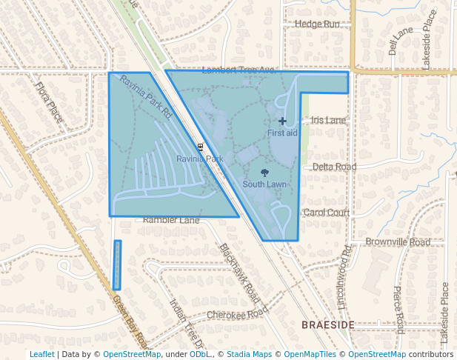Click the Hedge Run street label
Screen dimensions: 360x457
point(317,24)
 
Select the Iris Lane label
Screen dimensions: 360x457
point(328,120)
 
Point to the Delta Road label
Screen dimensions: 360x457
point(334,167)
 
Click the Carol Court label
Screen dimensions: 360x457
point(327,213)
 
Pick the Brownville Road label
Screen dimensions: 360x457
point(398,242)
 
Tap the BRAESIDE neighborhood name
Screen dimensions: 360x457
point(328,325)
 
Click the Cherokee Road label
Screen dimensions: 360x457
point(235,314)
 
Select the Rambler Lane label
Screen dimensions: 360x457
point(172,221)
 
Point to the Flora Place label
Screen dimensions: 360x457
point(49,102)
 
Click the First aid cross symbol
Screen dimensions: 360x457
point(282,121)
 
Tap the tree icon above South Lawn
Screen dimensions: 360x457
point(266,173)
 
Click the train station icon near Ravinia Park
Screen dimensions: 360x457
point(200,147)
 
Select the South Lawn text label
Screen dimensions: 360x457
point(265,184)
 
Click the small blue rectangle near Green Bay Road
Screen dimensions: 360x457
point(116,264)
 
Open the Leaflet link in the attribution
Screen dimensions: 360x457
point(41,354)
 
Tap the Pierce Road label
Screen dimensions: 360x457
point(398,310)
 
